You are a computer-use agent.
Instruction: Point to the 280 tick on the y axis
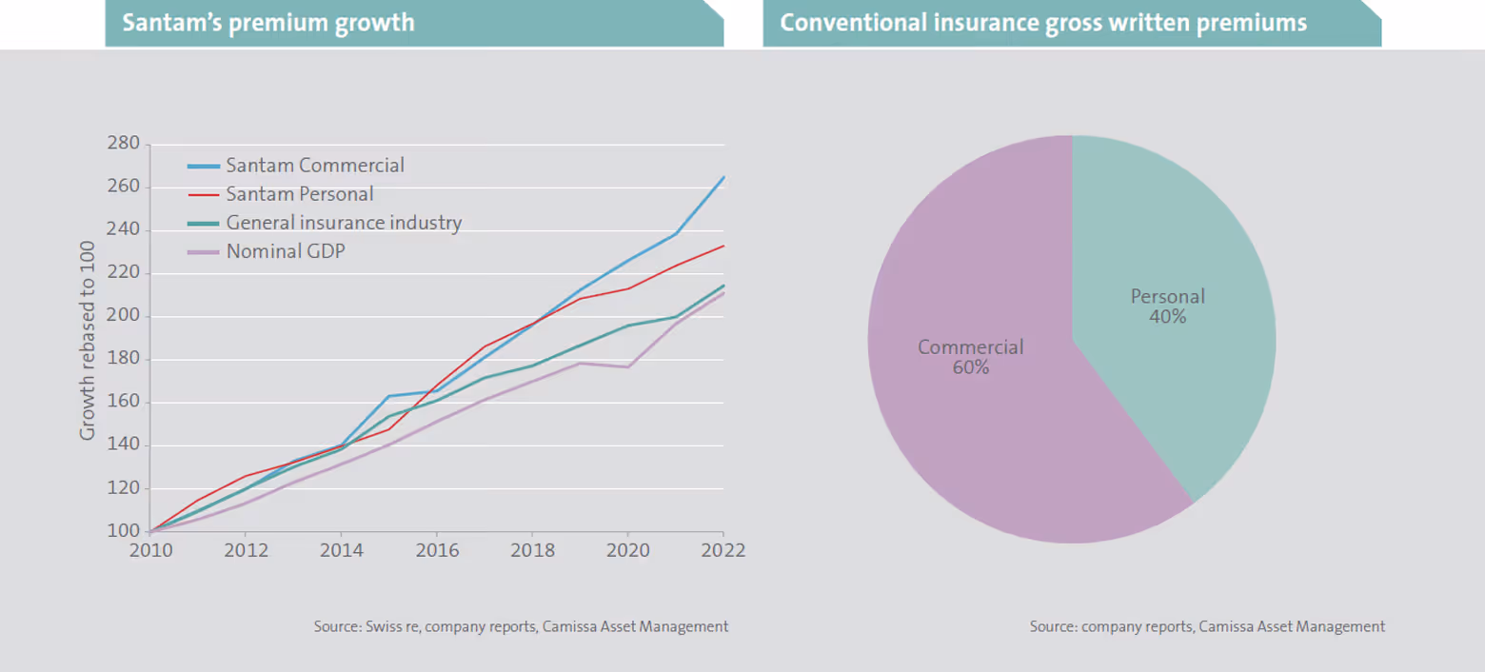pyautogui.click(x=123, y=145)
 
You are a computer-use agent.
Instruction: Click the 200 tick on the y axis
pyautogui.click(x=123, y=316)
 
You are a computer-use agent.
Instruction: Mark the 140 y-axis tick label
pyautogui.click(x=123, y=445)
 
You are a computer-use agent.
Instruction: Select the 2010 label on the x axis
pyautogui.click(x=149, y=551)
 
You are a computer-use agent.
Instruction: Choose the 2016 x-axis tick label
pyautogui.click(x=436, y=551)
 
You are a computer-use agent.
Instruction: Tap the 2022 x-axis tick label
pyautogui.click(x=723, y=551)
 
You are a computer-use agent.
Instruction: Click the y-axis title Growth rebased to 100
pyautogui.click(x=88, y=338)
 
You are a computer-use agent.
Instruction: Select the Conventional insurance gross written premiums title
pyautogui.click(x=1043, y=23)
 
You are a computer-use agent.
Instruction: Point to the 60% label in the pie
pyautogui.click(x=971, y=367)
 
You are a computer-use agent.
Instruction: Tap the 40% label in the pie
pyautogui.click(x=1168, y=317)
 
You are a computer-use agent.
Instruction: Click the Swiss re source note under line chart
pyautogui.click(x=521, y=627)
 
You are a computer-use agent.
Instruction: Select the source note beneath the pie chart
pyautogui.click(x=1207, y=627)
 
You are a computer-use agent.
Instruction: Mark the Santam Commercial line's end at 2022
pyautogui.click(x=723, y=177)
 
